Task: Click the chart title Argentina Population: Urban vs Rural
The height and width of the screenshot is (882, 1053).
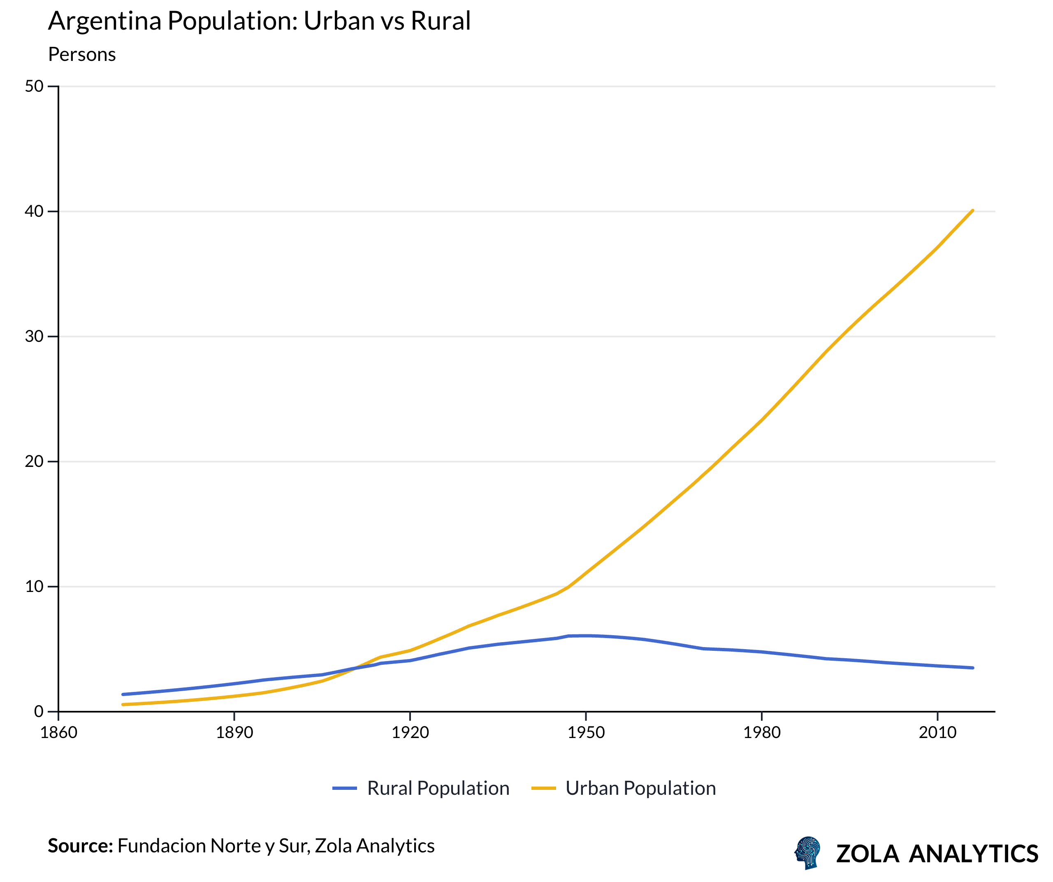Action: pyautogui.click(x=259, y=21)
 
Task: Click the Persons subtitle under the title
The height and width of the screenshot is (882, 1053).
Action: pyautogui.click(x=82, y=55)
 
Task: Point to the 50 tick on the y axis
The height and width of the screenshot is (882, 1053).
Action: pyautogui.click(x=34, y=86)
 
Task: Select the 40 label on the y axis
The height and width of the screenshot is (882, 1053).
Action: pyautogui.click(x=34, y=211)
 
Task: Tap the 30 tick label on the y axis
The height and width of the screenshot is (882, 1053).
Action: pyautogui.click(x=34, y=337)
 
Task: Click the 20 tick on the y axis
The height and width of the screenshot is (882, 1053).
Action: pyautogui.click(x=34, y=461)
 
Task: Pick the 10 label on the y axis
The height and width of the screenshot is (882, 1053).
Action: pyautogui.click(x=34, y=586)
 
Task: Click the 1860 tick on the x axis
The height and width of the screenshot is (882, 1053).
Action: pyautogui.click(x=59, y=733)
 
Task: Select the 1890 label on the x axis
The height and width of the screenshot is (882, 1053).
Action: pyautogui.click(x=234, y=733)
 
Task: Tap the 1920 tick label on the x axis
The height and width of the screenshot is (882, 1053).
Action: pyautogui.click(x=410, y=733)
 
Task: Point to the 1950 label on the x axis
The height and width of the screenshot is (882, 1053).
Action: pyautogui.click(x=586, y=733)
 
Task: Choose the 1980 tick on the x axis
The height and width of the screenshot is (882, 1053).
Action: pyautogui.click(x=762, y=733)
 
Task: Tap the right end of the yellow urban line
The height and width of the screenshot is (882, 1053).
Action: pyautogui.click(x=972, y=211)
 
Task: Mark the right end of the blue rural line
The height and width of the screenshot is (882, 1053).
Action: pyautogui.click(x=972, y=668)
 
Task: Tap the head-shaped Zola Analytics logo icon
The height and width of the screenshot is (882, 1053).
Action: pyautogui.click(x=808, y=852)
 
